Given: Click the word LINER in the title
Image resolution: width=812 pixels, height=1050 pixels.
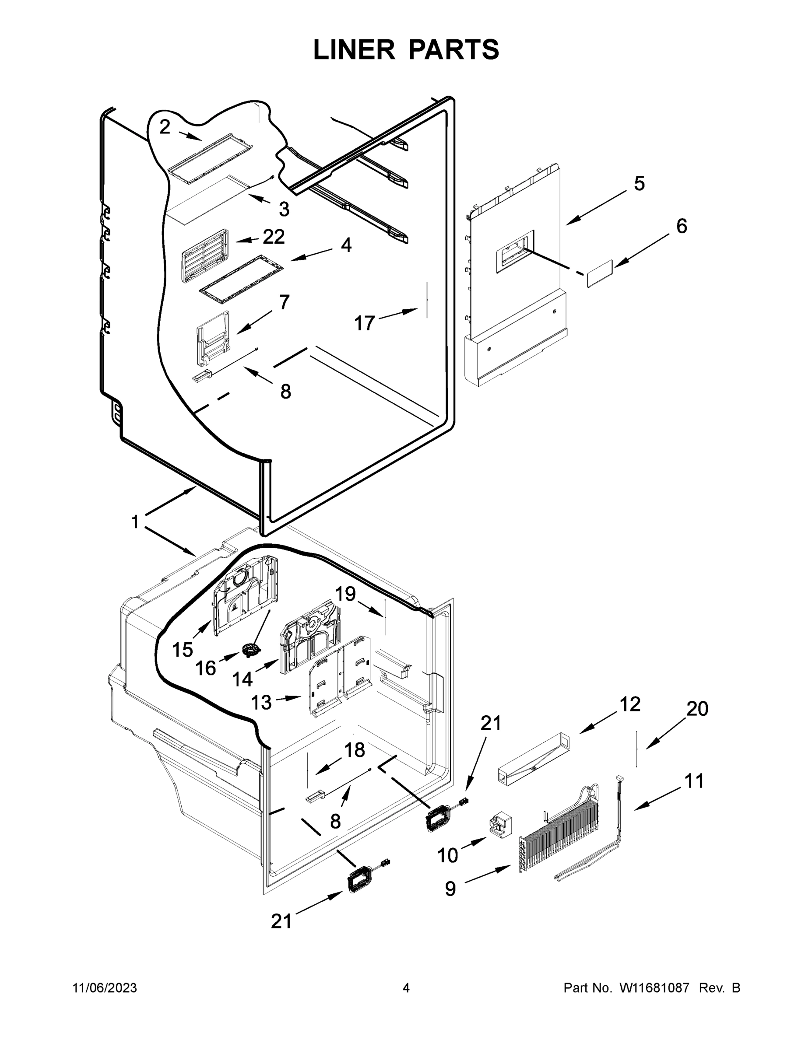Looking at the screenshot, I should point(354,49).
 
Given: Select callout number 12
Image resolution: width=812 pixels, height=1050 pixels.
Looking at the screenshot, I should point(630,704).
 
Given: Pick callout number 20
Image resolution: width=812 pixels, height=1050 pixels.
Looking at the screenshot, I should point(697,709).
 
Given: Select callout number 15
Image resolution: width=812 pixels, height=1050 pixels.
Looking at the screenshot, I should point(182,650).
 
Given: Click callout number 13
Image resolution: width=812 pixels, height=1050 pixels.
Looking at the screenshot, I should point(261,703).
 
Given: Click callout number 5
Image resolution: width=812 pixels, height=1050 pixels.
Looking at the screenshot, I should point(639,183).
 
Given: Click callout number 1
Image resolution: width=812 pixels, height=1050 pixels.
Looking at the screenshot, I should point(135,521).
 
